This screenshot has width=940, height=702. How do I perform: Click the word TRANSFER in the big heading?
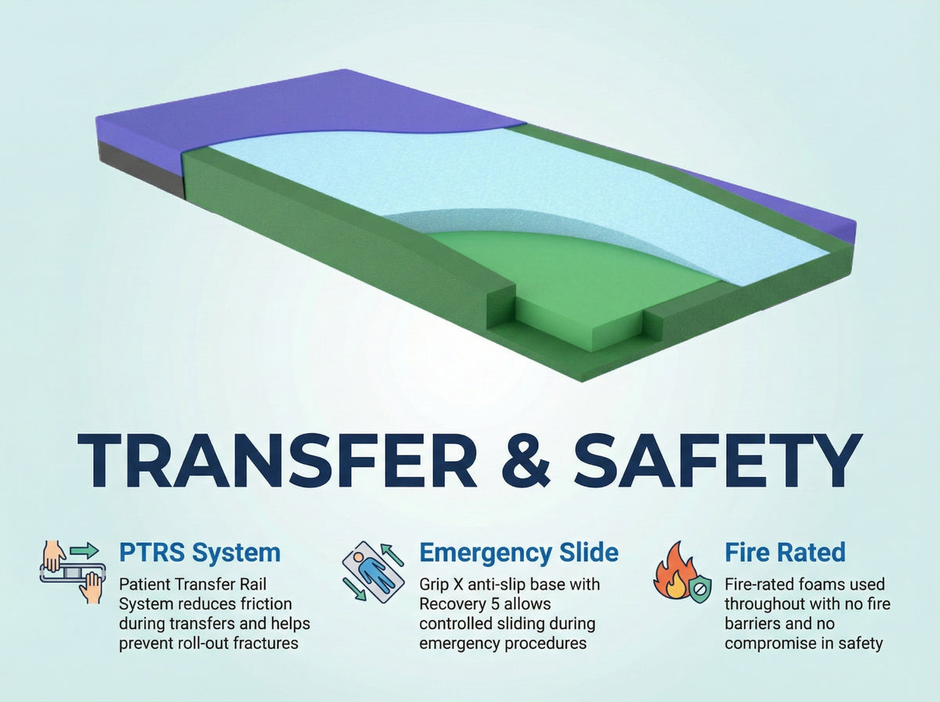coord(277,460)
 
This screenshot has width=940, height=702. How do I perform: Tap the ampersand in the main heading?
coord(526,460)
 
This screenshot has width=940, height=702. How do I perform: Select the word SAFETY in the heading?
coord(718,460)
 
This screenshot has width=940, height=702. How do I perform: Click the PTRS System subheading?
coord(200,552)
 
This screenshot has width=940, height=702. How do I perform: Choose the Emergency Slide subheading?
coord(519,553)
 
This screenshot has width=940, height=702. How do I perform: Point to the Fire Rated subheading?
coord(785,552)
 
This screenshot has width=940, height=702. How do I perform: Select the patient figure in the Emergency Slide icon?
coord(372,572)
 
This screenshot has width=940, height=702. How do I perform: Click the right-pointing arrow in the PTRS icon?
coord(85,550)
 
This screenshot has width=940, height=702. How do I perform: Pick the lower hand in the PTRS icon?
coord(92,588)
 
